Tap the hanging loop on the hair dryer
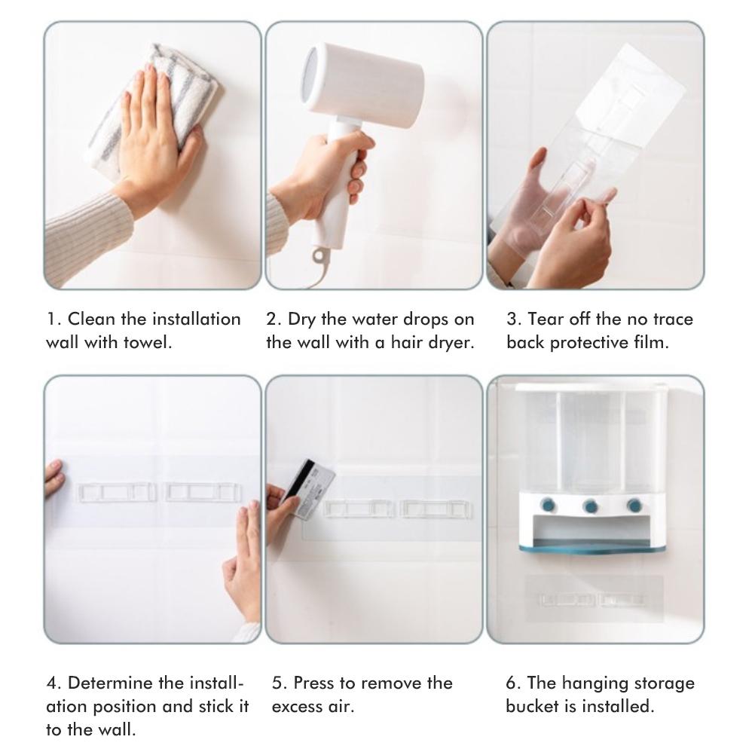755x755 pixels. (x=319, y=255)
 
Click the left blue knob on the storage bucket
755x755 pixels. (x=548, y=505)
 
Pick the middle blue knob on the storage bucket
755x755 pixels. (x=590, y=506)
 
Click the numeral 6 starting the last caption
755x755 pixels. (x=511, y=683)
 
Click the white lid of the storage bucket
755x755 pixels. (x=591, y=387)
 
